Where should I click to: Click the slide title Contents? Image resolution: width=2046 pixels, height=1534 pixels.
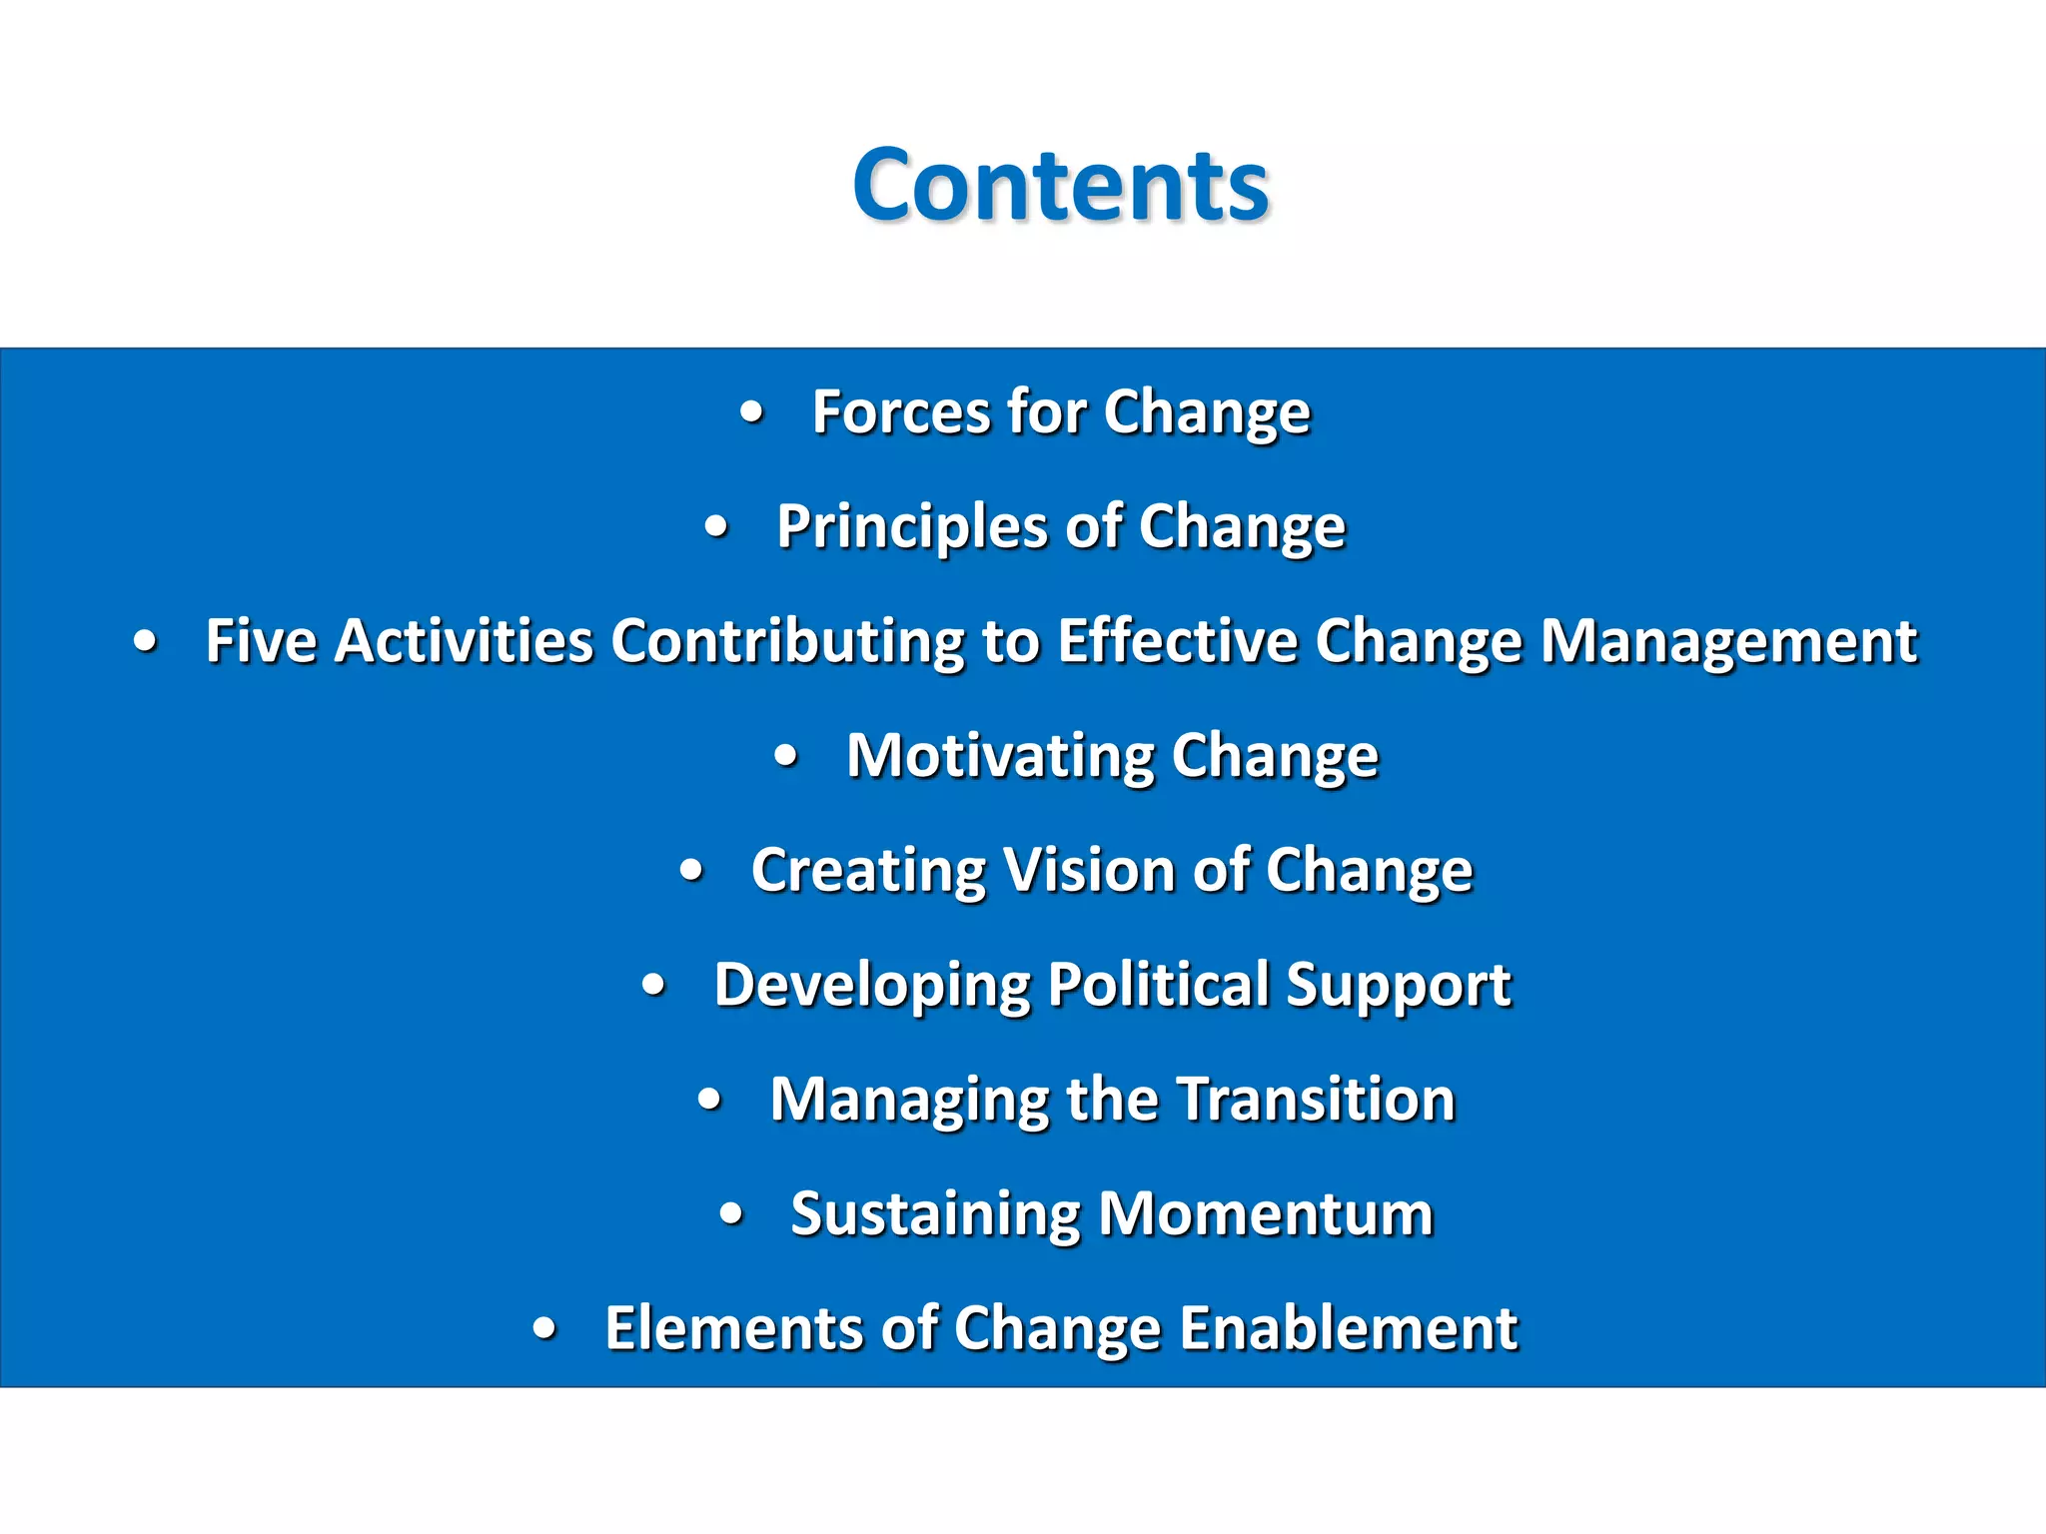tap(1060, 186)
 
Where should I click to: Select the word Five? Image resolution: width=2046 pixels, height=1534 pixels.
tap(261, 641)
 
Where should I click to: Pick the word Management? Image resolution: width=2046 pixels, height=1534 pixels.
tap(1728, 641)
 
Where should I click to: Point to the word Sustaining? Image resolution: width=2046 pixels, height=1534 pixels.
tap(935, 1214)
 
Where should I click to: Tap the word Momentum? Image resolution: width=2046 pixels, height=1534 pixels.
tap(1266, 1214)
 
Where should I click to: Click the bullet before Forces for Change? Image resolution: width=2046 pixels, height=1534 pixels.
tap(752, 412)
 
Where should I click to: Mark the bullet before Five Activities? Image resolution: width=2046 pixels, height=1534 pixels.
tap(146, 642)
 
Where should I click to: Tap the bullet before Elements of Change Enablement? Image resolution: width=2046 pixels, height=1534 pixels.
tap(544, 1329)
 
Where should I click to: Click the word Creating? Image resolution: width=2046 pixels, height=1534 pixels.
tap(868, 871)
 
